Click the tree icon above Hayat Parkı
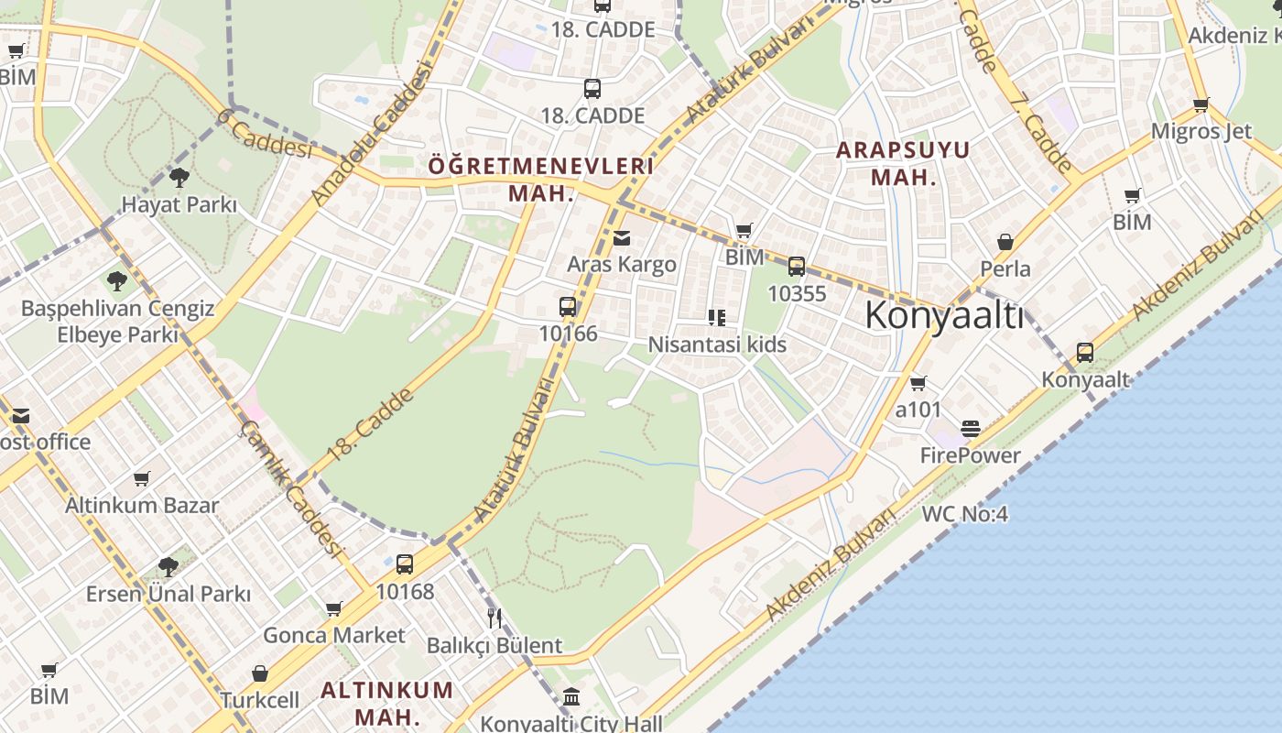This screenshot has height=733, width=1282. point(179,177)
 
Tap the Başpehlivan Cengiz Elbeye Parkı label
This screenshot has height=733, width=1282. point(117,322)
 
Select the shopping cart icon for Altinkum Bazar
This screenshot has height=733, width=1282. point(142,478)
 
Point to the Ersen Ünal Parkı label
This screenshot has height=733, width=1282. point(168,594)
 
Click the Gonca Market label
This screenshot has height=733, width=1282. point(333,635)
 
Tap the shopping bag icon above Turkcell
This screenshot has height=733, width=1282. point(260,673)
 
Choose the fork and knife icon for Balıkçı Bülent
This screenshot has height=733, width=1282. point(494,618)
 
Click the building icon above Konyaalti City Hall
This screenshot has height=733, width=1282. point(571,697)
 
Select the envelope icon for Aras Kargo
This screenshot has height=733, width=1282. point(622,238)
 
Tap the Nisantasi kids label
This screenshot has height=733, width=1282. point(717,345)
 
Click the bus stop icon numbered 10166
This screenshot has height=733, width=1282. point(568,307)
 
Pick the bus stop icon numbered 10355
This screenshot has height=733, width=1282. point(797,267)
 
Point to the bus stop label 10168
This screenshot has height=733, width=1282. point(405,592)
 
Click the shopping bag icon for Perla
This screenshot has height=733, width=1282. point(1005,242)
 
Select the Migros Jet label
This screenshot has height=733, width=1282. point(1201,131)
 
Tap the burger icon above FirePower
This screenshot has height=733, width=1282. point(971,429)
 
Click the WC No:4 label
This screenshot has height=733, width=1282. point(964,514)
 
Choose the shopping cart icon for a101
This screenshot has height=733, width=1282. point(918,384)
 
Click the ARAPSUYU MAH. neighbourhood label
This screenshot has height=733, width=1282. point(903,163)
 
